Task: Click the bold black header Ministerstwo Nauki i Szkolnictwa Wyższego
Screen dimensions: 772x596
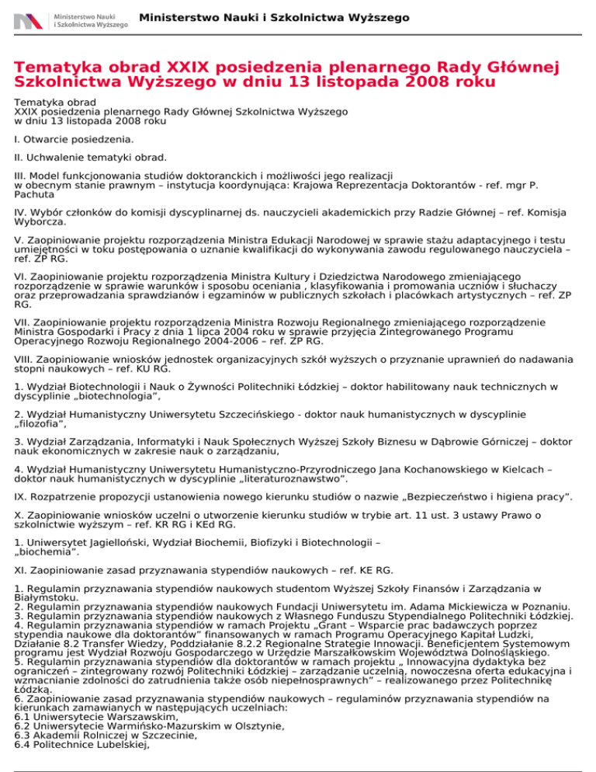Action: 275,17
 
